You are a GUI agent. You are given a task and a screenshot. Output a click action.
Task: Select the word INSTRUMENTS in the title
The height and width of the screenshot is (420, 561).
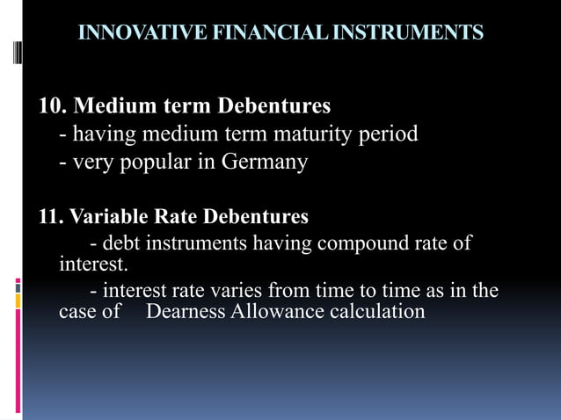pos(401,33)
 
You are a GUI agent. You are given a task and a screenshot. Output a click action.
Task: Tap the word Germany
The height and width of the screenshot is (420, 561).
pos(265,163)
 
